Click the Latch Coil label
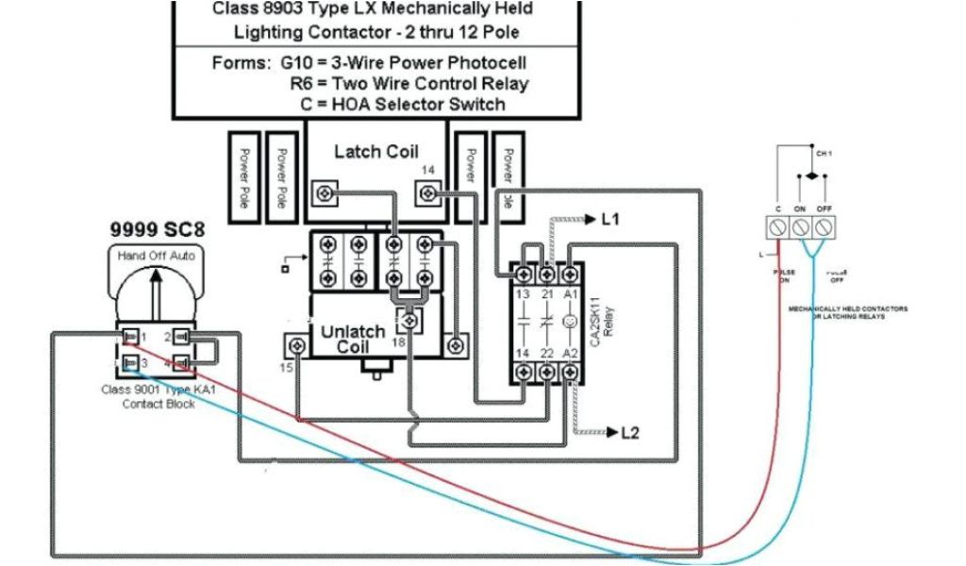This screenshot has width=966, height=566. [375, 151]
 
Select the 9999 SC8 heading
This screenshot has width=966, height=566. [156, 229]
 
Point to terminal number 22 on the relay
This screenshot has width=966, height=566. [546, 353]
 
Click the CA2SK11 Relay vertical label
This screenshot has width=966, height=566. [598, 321]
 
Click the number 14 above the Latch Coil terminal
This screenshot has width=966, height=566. [428, 171]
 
